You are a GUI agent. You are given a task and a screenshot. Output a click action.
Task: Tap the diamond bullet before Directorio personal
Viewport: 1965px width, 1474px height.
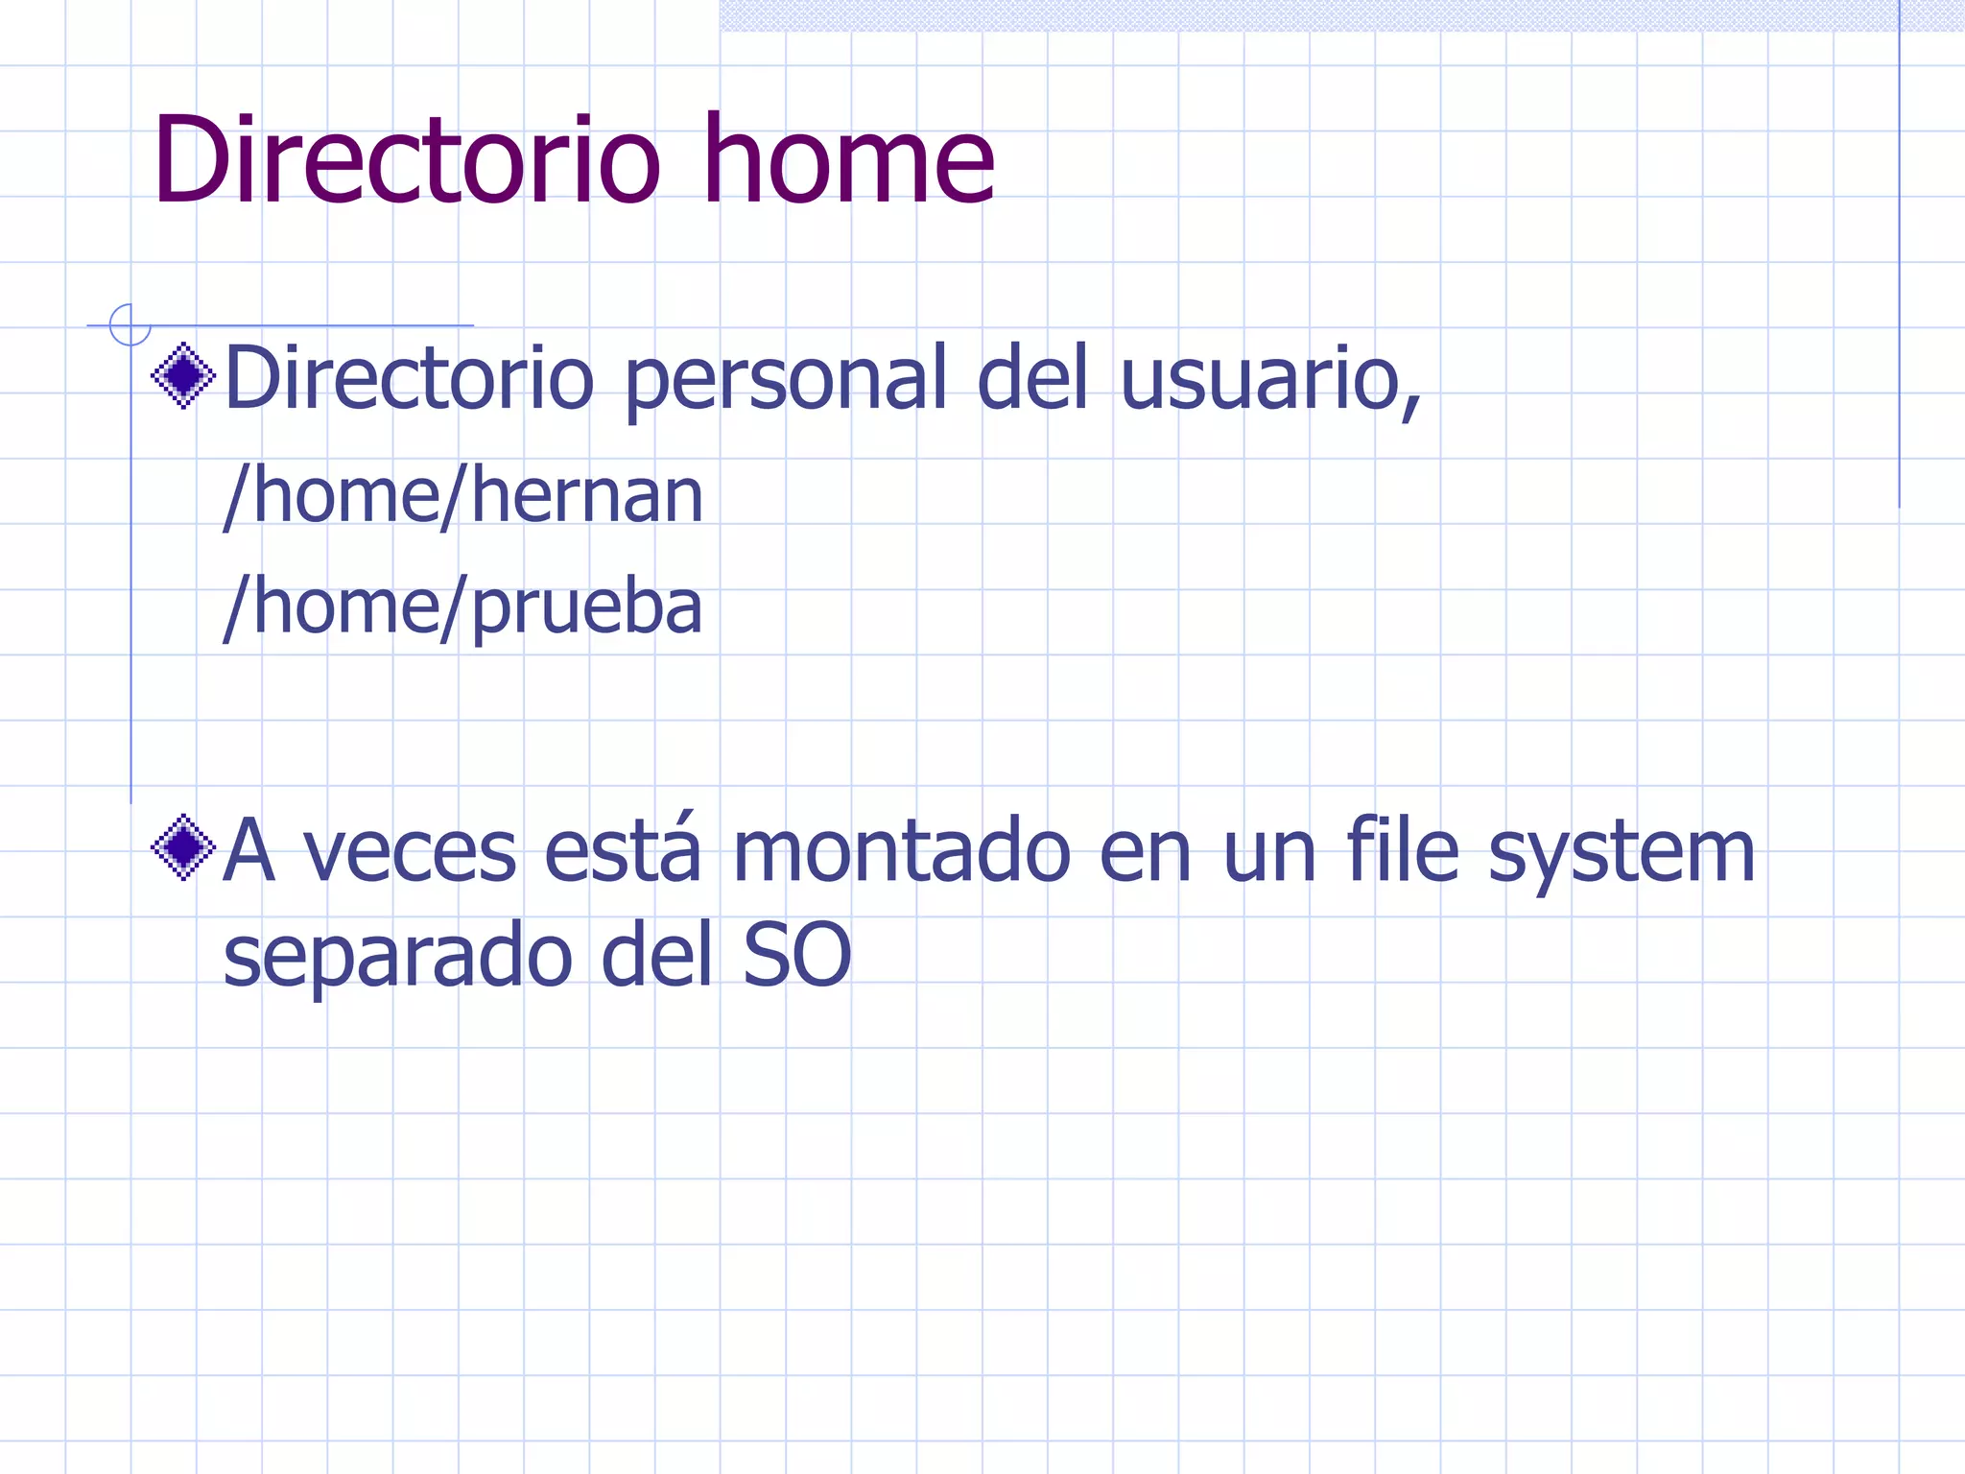click(x=183, y=375)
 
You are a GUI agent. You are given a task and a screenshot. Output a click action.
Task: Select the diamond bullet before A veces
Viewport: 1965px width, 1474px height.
click(x=183, y=847)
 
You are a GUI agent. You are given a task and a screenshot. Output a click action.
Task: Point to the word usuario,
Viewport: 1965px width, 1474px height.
click(x=1269, y=379)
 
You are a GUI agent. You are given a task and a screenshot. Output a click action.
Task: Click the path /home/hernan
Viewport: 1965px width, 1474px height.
click(x=463, y=496)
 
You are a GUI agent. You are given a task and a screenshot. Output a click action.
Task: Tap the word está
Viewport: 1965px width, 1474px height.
click(x=622, y=851)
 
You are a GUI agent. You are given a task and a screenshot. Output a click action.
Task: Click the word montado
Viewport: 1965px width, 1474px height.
click(x=901, y=851)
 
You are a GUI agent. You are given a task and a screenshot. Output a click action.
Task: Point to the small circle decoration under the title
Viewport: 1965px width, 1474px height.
click(x=130, y=325)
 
